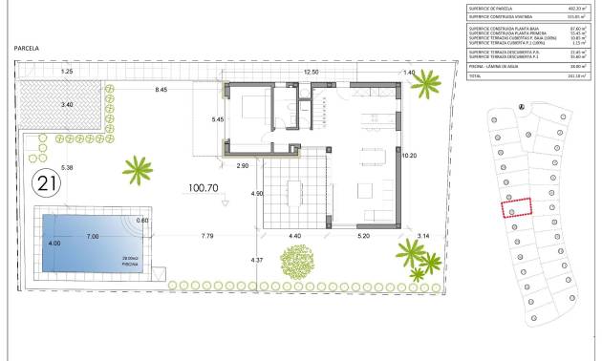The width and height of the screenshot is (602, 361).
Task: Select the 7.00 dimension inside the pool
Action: [93, 235]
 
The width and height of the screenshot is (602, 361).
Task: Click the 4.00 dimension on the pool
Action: [54, 244]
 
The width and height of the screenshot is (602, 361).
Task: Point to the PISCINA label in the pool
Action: [131, 263]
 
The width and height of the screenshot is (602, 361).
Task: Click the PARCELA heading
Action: [32, 47]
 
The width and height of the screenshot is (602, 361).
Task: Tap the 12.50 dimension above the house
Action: [311, 72]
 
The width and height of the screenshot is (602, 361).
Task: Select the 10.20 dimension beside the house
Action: [409, 155]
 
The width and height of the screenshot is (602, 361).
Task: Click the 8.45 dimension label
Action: [161, 89]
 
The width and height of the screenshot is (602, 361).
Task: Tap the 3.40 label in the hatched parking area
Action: [66, 103]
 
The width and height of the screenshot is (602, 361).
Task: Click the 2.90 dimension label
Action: [243, 166]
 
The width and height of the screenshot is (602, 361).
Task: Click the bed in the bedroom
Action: [251, 106]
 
